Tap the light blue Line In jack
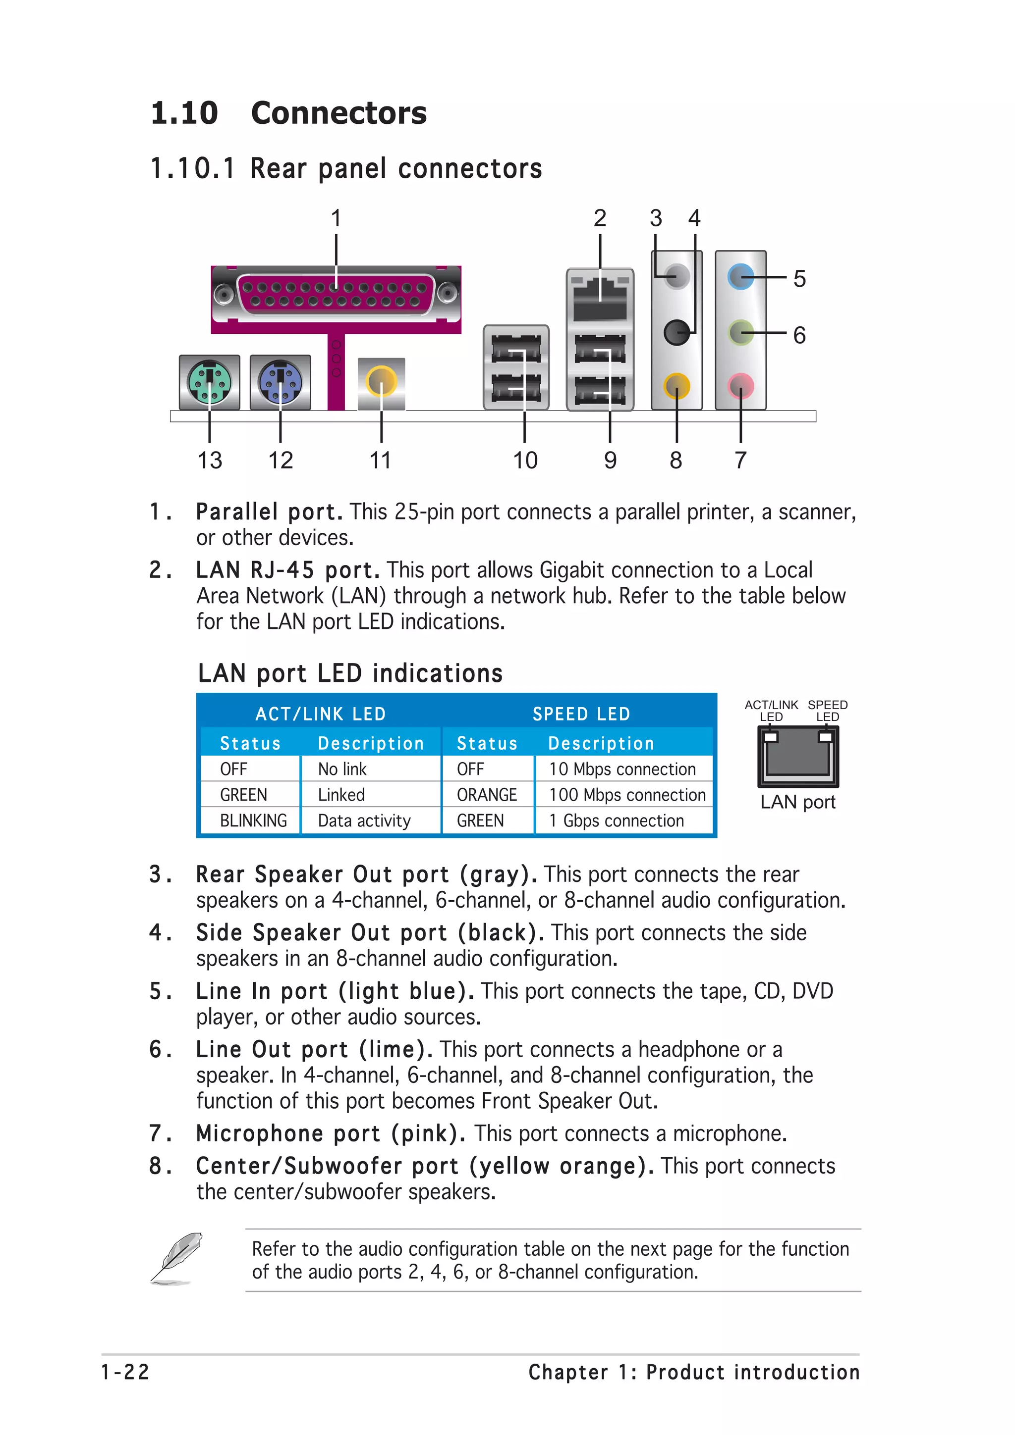pyautogui.click(x=740, y=276)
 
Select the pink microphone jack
pyautogui.click(x=740, y=386)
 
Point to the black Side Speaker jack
pyautogui.click(x=676, y=332)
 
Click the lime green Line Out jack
pyautogui.click(x=740, y=332)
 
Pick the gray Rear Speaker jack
pyautogui.click(x=677, y=276)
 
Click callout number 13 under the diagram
pyautogui.click(x=210, y=461)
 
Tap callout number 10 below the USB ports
pyautogui.click(x=525, y=461)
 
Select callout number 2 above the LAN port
pyautogui.click(x=600, y=218)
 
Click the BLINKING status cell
pyautogui.click(x=253, y=820)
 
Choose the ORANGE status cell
pyautogui.click(x=487, y=795)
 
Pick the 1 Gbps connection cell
pyautogui.click(x=616, y=820)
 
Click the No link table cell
pyautogui.click(x=342, y=769)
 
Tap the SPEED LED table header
pyautogui.click(x=581, y=714)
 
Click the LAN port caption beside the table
pyautogui.click(x=797, y=802)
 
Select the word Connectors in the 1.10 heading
pyautogui.click(x=338, y=113)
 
